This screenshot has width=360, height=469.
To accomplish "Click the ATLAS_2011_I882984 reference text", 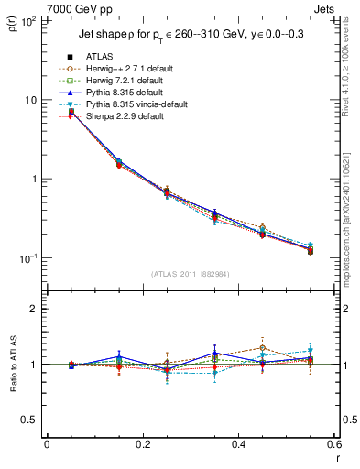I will (x=191, y=274).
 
